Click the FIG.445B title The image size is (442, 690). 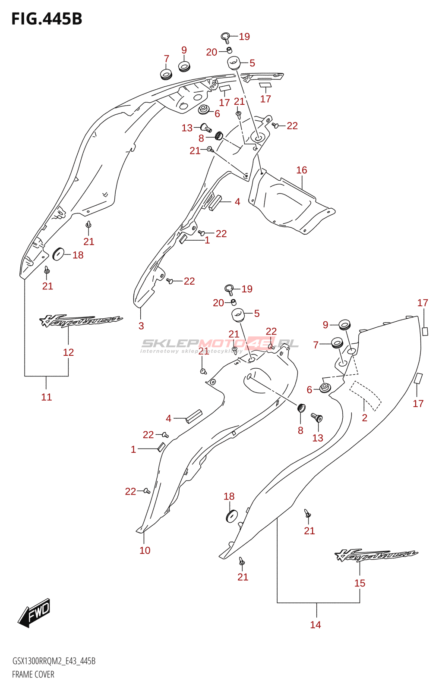click(x=47, y=19)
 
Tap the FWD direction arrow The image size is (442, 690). click(x=35, y=612)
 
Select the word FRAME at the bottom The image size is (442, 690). click(x=21, y=674)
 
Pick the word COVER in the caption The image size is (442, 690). click(x=44, y=674)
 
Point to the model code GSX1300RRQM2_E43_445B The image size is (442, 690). click(x=54, y=661)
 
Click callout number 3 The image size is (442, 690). click(x=141, y=326)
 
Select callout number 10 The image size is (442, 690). click(x=145, y=550)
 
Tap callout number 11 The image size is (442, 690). click(x=47, y=397)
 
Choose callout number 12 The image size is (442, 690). click(x=68, y=352)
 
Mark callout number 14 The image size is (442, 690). click(x=316, y=624)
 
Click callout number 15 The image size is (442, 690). click(x=360, y=583)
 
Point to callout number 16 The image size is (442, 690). click(x=302, y=170)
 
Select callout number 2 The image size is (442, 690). click(x=365, y=417)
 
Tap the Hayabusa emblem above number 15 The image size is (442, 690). click(x=376, y=555)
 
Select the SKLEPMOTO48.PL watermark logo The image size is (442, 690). click(x=220, y=343)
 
